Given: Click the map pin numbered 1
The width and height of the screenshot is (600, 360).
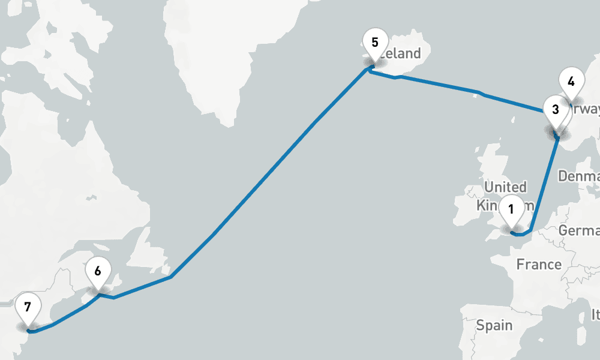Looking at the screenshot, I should click(x=511, y=211).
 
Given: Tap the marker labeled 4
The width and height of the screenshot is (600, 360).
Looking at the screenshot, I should click(x=571, y=82).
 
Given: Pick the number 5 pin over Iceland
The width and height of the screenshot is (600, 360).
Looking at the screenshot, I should click(x=375, y=44).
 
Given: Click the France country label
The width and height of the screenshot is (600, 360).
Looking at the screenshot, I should click(x=539, y=264).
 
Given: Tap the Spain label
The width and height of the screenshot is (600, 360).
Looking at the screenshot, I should click(x=494, y=325).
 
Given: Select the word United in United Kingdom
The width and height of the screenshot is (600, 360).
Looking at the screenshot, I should click(x=506, y=187).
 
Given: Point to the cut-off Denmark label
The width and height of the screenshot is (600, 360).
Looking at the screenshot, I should click(x=580, y=176).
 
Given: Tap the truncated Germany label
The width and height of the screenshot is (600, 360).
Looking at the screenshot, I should click(x=580, y=231).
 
